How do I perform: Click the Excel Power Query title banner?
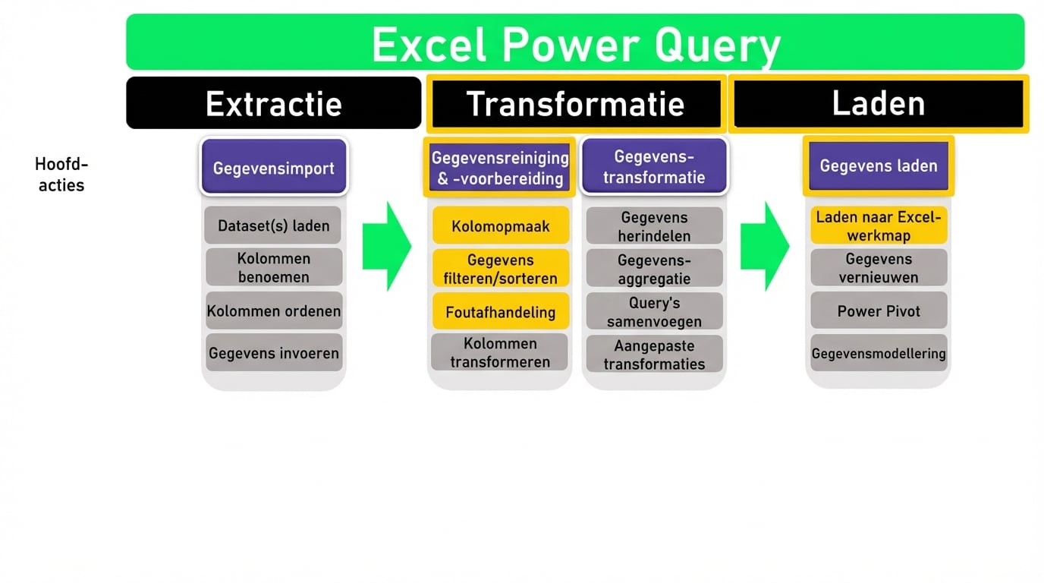tap(575, 43)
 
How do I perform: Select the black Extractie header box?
tap(273, 103)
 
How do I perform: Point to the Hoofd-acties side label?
tap(61, 175)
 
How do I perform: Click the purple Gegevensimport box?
tap(273, 168)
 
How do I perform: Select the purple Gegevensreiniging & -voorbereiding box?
tap(499, 168)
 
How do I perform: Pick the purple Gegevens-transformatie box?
tap(653, 167)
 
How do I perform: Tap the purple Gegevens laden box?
tap(878, 165)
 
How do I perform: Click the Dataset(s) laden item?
tap(273, 225)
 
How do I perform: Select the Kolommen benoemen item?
tap(273, 267)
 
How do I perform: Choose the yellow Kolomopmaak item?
tap(500, 226)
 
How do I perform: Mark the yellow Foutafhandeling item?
tap(500, 311)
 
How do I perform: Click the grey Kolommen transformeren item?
tap(499, 352)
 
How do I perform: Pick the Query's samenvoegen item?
tap(654, 311)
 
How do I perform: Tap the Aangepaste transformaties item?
tap(654, 354)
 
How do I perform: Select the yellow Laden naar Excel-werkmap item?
tap(878, 225)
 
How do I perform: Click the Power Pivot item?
tap(878, 310)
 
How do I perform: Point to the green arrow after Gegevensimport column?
tap(387, 246)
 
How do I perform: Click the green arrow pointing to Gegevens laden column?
tap(765, 246)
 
